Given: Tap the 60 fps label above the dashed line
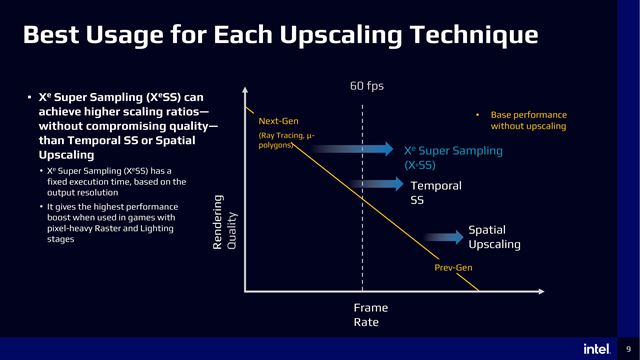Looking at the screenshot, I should coord(366,86).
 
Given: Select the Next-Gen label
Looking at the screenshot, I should coord(278,121).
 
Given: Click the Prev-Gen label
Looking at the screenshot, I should coord(453,268).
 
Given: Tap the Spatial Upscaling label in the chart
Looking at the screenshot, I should coord(494,237).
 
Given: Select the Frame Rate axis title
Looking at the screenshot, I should coord(370,315).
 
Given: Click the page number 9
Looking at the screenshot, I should coord(626,348).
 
